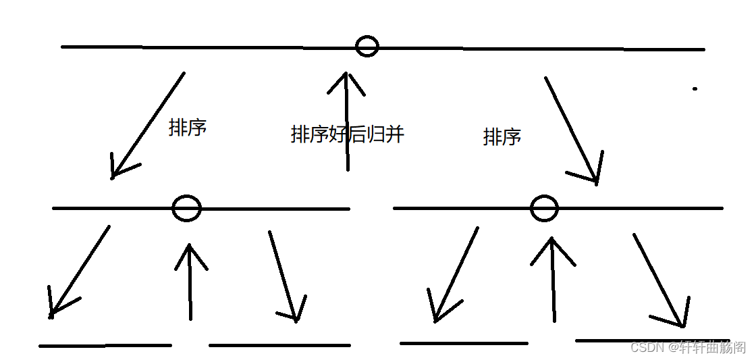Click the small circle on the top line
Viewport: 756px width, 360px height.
[x=367, y=46]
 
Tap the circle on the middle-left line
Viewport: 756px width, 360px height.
[x=186, y=208]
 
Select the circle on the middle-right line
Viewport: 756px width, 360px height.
[x=544, y=208]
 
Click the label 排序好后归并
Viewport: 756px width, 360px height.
[x=347, y=134]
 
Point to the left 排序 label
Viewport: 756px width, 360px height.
[x=187, y=128]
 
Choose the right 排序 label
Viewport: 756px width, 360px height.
[x=502, y=137]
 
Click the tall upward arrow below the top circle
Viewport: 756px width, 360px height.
[x=347, y=122]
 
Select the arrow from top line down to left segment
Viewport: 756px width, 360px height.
[x=148, y=125]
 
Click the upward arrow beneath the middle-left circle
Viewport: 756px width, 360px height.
[x=190, y=282]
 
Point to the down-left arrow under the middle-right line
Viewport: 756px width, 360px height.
[x=457, y=274]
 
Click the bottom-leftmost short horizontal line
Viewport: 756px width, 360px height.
[x=105, y=346]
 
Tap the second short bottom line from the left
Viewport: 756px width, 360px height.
[x=279, y=345]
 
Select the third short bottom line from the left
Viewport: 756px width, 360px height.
[x=464, y=343]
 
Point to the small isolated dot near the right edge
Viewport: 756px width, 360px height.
[x=695, y=88]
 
